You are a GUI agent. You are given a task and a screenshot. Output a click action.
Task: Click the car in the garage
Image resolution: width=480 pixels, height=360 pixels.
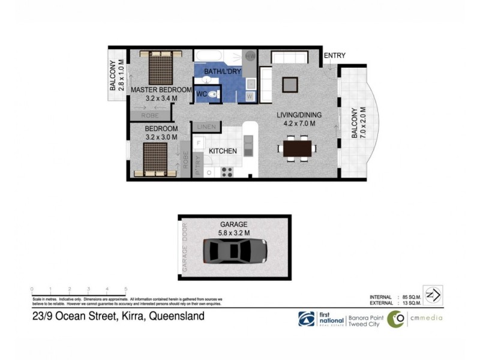point(235,250)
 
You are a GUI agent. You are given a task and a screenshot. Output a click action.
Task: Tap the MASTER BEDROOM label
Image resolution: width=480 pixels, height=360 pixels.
point(160,90)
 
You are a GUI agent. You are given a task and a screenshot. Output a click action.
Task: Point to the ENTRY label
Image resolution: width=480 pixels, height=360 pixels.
point(334,56)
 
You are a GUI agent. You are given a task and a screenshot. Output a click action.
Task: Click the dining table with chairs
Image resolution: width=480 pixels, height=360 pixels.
point(298,147)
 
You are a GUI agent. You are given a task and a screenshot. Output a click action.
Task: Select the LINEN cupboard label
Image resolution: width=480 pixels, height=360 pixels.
point(207,127)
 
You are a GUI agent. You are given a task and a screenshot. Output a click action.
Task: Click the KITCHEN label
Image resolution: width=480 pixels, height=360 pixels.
point(223,151)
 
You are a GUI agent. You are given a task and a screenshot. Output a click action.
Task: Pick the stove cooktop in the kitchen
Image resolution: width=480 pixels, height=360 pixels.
point(227,172)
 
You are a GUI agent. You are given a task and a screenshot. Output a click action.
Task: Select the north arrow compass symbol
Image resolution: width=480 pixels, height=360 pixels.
point(433,295)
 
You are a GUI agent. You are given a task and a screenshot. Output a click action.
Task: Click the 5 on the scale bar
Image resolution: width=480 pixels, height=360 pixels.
point(125,289)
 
